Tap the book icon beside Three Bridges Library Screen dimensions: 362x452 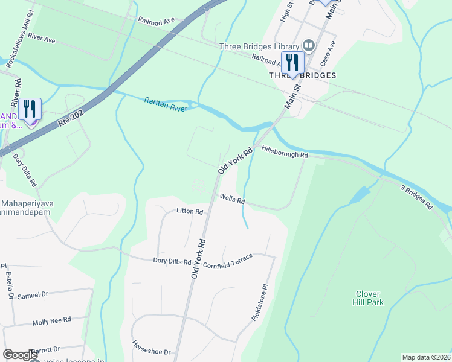[x=309, y=45]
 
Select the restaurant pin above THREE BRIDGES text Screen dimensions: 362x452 [x=292, y=63]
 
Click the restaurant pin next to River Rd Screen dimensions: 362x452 [x=30, y=110]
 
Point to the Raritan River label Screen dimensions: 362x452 [x=165, y=104]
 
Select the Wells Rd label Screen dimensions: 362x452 [x=232, y=198]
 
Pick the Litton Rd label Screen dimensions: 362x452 [x=189, y=212]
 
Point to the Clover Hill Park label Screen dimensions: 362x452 [x=369, y=299]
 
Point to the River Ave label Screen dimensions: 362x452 [x=42, y=39]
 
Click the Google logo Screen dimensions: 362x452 [x=19, y=355]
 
